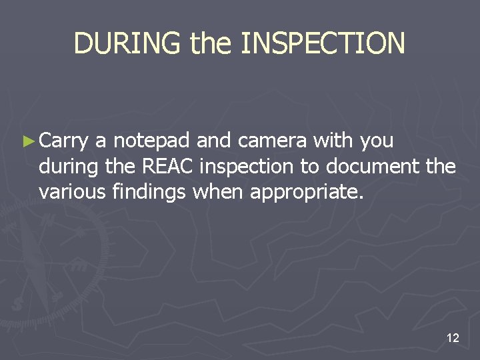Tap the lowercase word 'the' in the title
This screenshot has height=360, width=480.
click(211, 43)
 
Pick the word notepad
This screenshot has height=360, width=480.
click(151, 141)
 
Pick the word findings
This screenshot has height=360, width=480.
click(146, 192)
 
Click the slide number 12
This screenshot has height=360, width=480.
click(453, 339)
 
